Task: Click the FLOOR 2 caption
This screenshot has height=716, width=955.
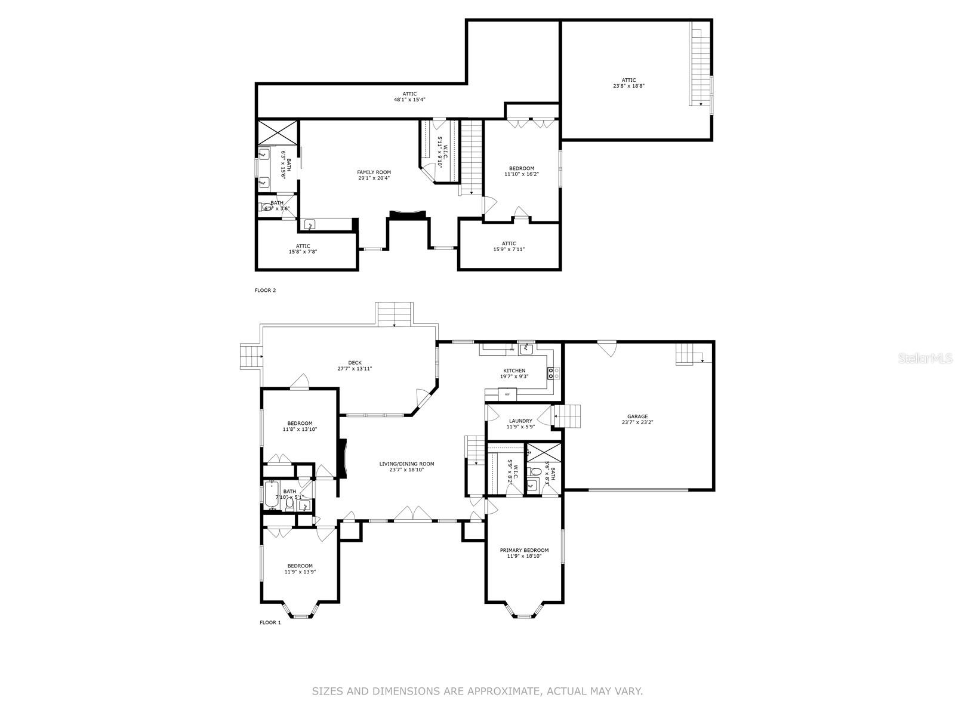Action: (266, 291)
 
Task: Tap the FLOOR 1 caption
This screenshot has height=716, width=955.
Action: (270, 623)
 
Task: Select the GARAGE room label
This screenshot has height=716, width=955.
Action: (637, 416)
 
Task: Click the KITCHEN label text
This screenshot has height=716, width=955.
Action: (514, 371)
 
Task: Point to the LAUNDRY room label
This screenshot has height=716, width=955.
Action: (520, 421)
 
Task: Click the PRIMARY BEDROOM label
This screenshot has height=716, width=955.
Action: (524, 550)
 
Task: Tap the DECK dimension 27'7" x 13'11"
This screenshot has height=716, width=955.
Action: (355, 369)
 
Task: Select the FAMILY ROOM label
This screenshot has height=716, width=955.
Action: (374, 172)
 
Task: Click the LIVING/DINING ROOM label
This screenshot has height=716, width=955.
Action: (407, 464)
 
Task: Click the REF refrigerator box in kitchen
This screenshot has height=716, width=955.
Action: (507, 394)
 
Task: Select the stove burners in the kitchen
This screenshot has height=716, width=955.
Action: (553, 374)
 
